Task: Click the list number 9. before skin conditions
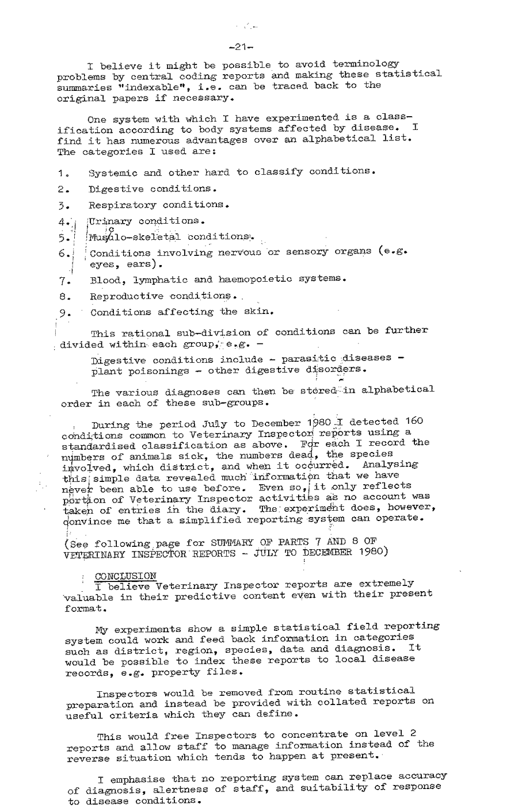(x=64, y=313)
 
